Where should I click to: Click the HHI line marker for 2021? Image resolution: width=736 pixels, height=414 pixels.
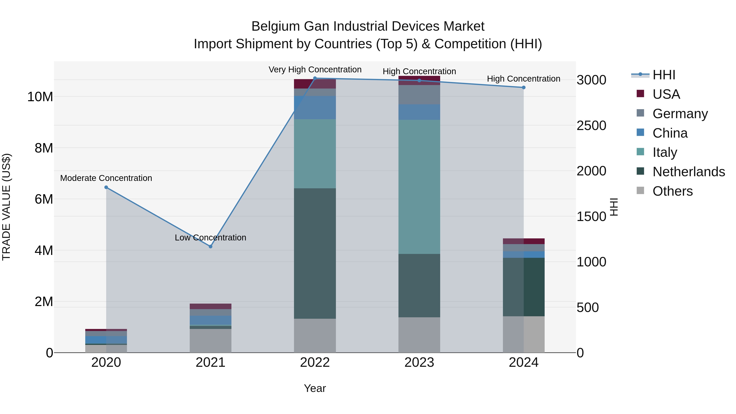[211, 246]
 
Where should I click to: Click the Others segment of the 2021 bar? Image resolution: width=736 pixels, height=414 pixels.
[211, 341]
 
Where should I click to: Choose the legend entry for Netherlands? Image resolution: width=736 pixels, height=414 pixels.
[688, 172]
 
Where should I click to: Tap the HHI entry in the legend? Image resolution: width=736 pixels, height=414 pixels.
[663, 75]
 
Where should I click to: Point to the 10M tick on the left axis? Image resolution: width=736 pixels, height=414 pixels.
[40, 97]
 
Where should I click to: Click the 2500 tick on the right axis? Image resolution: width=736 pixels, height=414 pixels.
[591, 126]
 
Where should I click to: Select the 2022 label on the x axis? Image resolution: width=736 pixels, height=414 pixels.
[315, 362]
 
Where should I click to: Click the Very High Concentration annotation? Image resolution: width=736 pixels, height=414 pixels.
[315, 70]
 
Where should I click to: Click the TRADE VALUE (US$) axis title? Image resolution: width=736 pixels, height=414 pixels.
[6, 207]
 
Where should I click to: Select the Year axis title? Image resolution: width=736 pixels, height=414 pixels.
[315, 388]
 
